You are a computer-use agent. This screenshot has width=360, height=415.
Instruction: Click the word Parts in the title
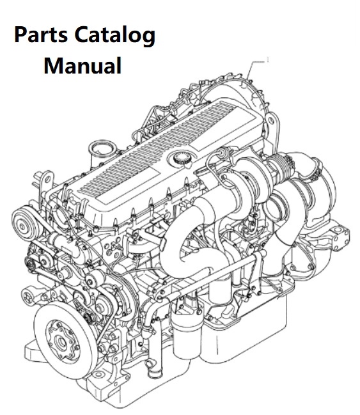40,35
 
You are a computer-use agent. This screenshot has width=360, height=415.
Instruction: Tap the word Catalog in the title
115,36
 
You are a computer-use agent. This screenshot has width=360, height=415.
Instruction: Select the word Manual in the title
82,66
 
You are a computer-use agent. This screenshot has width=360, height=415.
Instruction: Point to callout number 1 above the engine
268,60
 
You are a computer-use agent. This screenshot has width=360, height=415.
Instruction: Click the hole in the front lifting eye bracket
48,180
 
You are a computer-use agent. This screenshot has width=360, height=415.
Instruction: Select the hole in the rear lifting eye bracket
270,121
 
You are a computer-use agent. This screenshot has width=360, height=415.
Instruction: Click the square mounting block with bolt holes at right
341,238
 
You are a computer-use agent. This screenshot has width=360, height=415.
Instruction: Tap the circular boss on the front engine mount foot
98,375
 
